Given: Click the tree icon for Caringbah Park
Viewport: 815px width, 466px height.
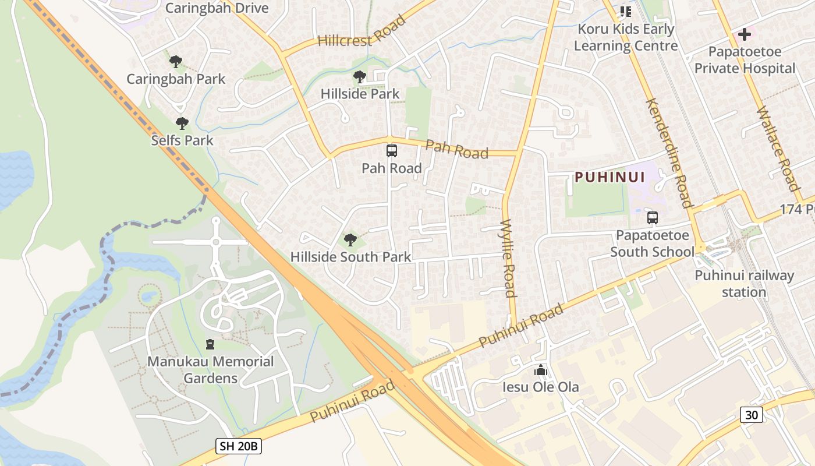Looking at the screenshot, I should point(176,61).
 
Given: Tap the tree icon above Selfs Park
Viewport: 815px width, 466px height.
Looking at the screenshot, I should point(182,123).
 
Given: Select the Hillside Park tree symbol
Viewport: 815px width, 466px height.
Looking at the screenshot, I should point(360,76).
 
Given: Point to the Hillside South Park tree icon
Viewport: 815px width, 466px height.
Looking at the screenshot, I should point(350,239).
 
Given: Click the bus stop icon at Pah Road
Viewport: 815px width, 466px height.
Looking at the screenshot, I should point(392,151).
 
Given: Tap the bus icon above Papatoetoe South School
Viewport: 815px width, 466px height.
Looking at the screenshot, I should point(653,218).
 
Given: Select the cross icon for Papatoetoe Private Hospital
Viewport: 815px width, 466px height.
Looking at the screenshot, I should point(744,34).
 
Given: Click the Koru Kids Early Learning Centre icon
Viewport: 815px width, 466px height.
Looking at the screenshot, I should point(626,12).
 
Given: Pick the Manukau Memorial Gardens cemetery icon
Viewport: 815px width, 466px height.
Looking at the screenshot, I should point(210,344).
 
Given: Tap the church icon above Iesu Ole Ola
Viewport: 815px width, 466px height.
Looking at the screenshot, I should point(541,370).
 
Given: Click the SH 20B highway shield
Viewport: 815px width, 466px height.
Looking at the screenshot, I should point(239,447).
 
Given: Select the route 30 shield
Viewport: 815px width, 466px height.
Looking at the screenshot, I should point(752,415).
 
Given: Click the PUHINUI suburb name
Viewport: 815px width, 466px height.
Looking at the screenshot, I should point(610,178).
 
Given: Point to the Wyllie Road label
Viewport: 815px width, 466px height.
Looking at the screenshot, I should point(508,257).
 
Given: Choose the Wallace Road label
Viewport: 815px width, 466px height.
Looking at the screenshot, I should point(777,149).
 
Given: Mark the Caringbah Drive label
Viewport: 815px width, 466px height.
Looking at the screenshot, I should point(217,8).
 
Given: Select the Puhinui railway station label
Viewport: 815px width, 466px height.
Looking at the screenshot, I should point(744,283).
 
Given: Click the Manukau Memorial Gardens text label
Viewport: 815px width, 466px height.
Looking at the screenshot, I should point(210,370).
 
